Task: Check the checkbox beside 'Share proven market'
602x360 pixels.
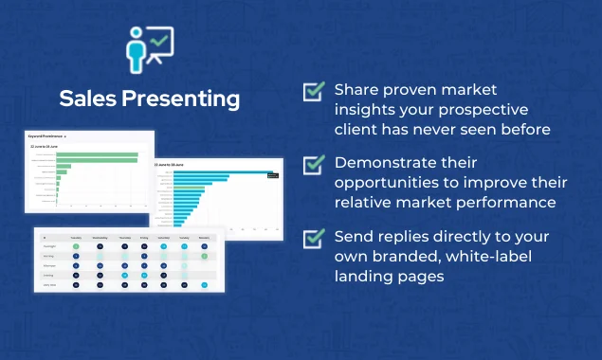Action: click(x=313, y=91)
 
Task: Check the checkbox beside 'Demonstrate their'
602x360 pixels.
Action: click(x=313, y=164)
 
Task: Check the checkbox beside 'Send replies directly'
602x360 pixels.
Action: click(x=313, y=237)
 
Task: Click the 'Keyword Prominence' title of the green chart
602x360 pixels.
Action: click(x=46, y=138)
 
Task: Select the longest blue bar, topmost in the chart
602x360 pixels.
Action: click(x=222, y=172)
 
